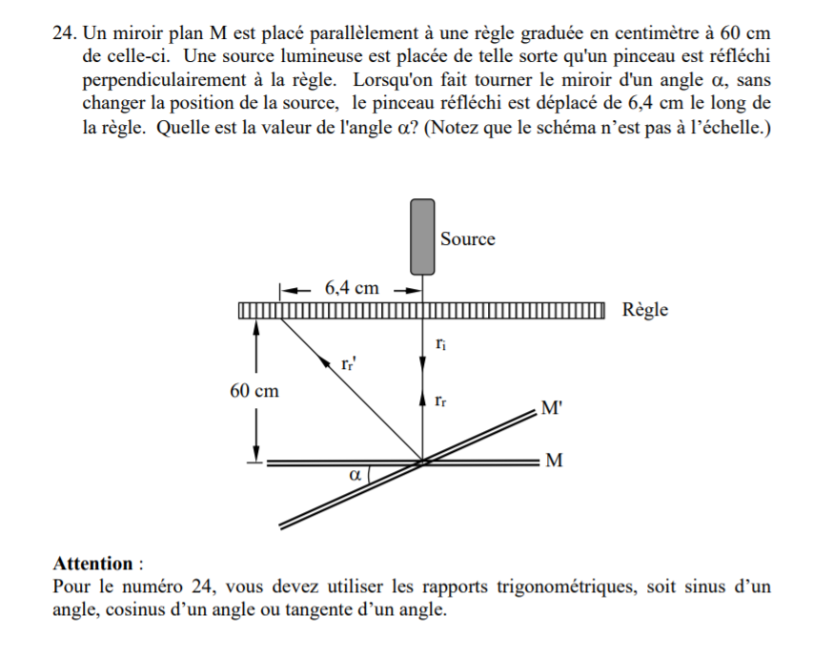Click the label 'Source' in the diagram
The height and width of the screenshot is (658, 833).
(x=467, y=238)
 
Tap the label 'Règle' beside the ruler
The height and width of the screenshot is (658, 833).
(x=645, y=309)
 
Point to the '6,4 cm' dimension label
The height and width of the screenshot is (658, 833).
(x=352, y=287)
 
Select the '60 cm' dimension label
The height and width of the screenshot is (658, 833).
(x=254, y=390)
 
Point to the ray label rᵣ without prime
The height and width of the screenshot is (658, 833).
(x=437, y=401)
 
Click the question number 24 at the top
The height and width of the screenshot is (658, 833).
(x=64, y=33)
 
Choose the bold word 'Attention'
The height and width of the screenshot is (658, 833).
(x=92, y=563)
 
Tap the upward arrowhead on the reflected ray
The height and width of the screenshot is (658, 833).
(x=422, y=400)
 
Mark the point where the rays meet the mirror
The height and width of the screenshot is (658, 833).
(x=422, y=463)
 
